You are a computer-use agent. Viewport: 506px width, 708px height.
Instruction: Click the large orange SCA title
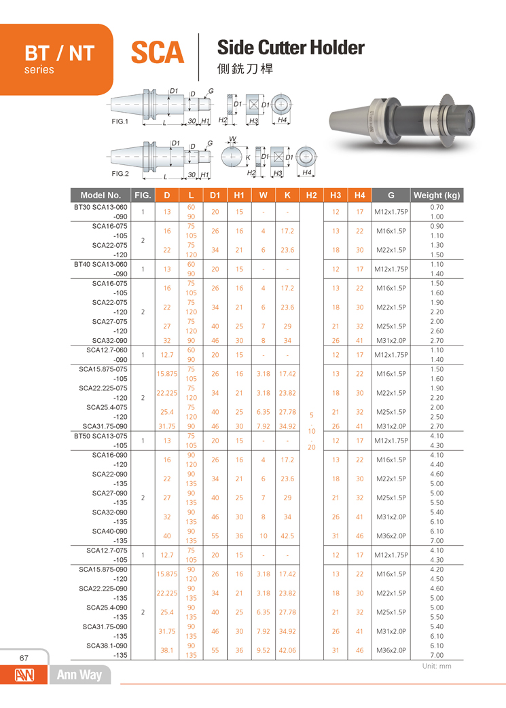click(157, 52)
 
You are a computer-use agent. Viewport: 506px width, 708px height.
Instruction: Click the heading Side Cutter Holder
click(290, 48)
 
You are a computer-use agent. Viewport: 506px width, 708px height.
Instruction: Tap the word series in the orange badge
click(39, 70)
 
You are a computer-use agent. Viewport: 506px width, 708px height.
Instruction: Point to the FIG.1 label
click(120, 121)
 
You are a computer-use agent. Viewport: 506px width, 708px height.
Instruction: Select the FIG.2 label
click(120, 173)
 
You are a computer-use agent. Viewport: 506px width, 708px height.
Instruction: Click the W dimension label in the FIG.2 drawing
click(233, 140)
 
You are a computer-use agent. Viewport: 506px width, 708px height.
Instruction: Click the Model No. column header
click(101, 195)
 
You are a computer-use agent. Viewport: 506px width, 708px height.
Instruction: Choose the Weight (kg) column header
click(437, 195)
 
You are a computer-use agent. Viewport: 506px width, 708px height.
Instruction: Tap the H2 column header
click(311, 195)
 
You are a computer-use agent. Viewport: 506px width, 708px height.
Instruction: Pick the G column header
click(391, 195)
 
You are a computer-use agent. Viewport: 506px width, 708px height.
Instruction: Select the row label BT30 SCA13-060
click(101, 206)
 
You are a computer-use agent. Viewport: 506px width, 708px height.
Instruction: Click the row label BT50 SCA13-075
click(101, 435)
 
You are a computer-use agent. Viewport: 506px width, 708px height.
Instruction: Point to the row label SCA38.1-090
click(107, 645)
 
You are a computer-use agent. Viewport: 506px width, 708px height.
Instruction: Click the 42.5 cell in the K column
click(287, 535)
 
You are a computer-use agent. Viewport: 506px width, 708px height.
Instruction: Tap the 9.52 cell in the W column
click(263, 650)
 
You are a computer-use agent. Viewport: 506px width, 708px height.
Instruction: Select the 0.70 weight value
click(437, 206)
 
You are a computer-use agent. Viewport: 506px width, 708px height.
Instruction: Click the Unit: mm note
click(436, 666)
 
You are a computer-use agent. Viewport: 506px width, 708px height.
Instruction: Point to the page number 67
click(24, 658)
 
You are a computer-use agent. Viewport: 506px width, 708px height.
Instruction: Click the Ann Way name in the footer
click(79, 675)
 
